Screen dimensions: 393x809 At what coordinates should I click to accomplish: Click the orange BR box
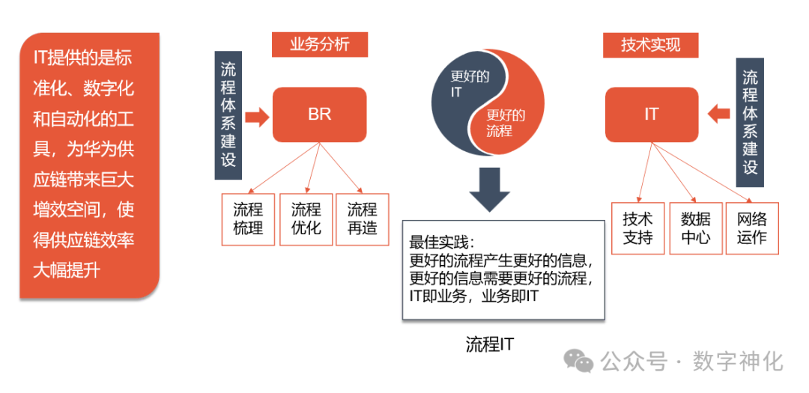(x=319, y=115)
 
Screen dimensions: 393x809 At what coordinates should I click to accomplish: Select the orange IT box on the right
(x=651, y=115)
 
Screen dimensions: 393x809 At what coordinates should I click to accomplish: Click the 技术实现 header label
(x=650, y=45)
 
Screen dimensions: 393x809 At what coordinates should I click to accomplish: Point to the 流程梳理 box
(x=248, y=219)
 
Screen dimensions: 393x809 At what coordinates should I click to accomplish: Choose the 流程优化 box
(x=306, y=219)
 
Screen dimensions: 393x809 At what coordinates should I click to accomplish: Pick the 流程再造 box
(x=363, y=219)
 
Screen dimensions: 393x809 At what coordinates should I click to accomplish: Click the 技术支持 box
(x=637, y=228)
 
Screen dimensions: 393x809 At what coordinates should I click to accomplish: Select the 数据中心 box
(x=695, y=228)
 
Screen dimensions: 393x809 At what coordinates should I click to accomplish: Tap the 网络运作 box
(x=751, y=228)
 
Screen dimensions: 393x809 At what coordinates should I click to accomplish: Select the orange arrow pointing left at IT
(x=718, y=114)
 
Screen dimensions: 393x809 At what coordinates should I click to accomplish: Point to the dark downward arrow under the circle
(x=490, y=190)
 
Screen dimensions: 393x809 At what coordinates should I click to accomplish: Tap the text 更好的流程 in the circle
(x=506, y=123)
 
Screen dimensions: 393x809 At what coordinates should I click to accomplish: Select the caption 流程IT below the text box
(x=490, y=344)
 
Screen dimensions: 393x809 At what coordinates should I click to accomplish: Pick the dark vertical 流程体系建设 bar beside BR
(x=228, y=115)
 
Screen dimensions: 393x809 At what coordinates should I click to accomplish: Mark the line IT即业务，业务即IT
(x=474, y=297)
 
